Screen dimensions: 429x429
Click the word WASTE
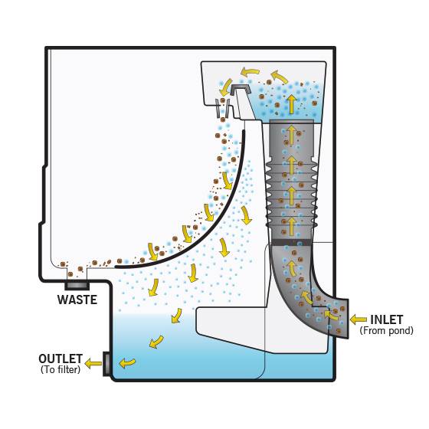click(77, 300)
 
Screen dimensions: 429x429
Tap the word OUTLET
click(61, 359)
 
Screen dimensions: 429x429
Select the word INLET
click(387, 319)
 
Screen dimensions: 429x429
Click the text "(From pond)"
click(386, 330)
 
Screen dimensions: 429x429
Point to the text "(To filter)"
click(61, 369)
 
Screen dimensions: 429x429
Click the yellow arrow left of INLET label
click(359, 319)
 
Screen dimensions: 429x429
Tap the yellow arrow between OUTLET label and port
click(93, 364)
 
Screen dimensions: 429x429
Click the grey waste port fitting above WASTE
click(77, 286)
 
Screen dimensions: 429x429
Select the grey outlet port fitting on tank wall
click(106, 364)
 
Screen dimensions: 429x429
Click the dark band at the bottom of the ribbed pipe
click(291, 242)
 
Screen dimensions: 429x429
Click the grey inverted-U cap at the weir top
click(240, 90)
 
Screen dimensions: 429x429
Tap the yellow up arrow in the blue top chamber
click(292, 104)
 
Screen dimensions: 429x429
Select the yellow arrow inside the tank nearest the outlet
click(127, 363)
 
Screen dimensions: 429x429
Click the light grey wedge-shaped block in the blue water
click(262, 329)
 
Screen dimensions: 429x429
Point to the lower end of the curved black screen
click(116, 267)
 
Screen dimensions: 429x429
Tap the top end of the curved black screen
click(244, 131)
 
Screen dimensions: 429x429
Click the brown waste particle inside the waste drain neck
click(70, 274)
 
